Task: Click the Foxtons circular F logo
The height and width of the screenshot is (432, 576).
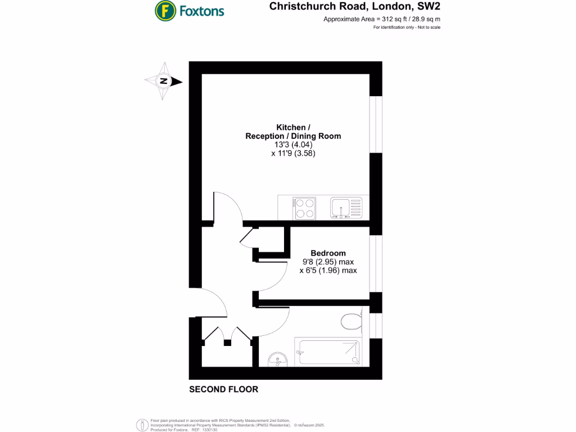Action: pyautogui.click(x=164, y=10)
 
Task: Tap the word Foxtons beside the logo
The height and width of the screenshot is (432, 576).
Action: pyautogui.click(x=201, y=11)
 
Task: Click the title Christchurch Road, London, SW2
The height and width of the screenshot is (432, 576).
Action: pyautogui.click(x=354, y=7)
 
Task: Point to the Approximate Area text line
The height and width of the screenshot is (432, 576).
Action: pyautogui.click(x=381, y=19)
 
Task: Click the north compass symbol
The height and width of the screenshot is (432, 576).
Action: pyautogui.click(x=164, y=82)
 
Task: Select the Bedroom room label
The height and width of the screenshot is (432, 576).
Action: pyautogui.click(x=328, y=253)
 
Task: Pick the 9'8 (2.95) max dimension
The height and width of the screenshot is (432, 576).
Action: pyautogui.click(x=328, y=262)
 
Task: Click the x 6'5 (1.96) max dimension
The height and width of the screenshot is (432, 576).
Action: pyautogui.click(x=328, y=271)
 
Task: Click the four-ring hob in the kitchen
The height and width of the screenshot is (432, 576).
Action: pyautogui.click(x=304, y=208)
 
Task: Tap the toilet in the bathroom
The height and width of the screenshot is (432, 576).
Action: pyautogui.click(x=350, y=322)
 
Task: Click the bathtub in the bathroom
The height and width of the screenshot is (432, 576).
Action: pyautogui.click(x=328, y=352)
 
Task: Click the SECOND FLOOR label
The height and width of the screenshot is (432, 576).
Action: pyautogui.click(x=223, y=389)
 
